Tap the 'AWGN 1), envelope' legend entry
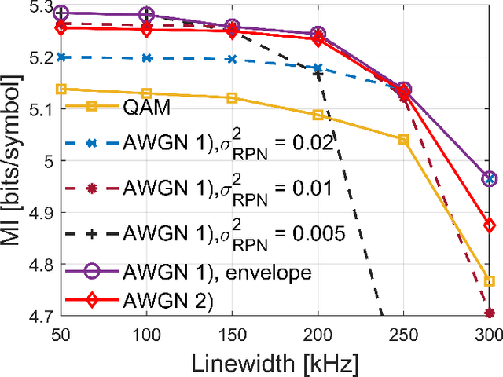[x=211, y=273]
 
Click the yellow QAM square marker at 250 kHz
[x=403, y=139]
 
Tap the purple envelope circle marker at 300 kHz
[x=489, y=179]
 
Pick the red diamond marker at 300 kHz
[x=489, y=225]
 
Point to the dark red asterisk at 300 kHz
[x=489, y=313]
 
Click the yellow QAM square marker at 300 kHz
[x=489, y=281]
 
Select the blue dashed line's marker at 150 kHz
[x=231, y=59]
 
